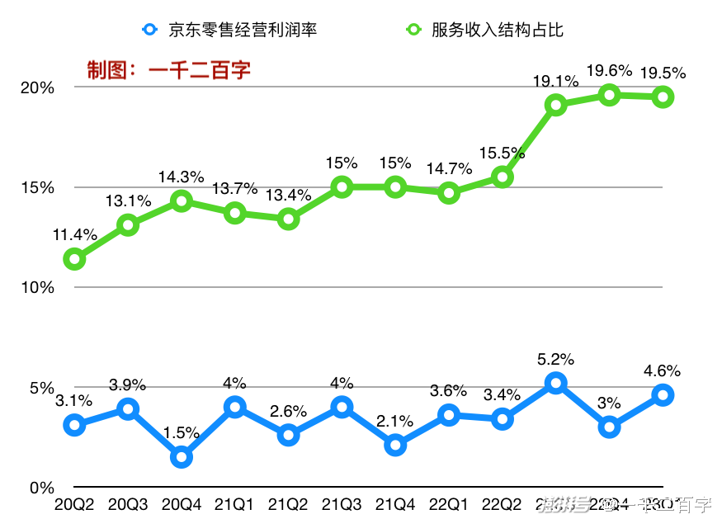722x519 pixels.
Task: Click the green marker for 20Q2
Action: (x=75, y=259)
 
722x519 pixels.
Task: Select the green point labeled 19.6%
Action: (x=610, y=95)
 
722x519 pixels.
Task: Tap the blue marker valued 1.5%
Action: (x=182, y=457)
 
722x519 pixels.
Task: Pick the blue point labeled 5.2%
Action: (x=556, y=383)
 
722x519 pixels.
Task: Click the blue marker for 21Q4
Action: (x=395, y=446)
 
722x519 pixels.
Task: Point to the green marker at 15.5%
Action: (x=503, y=177)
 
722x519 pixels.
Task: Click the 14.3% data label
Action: (x=182, y=177)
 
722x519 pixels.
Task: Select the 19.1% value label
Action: (x=555, y=81)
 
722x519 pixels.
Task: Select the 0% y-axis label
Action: (x=42, y=488)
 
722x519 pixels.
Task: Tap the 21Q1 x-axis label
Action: (x=234, y=503)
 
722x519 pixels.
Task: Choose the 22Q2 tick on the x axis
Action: (x=503, y=503)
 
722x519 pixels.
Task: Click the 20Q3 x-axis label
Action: (x=128, y=503)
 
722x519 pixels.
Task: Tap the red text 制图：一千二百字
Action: (x=169, y=70)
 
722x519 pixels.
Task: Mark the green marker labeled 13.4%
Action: (x=288, y=219)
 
